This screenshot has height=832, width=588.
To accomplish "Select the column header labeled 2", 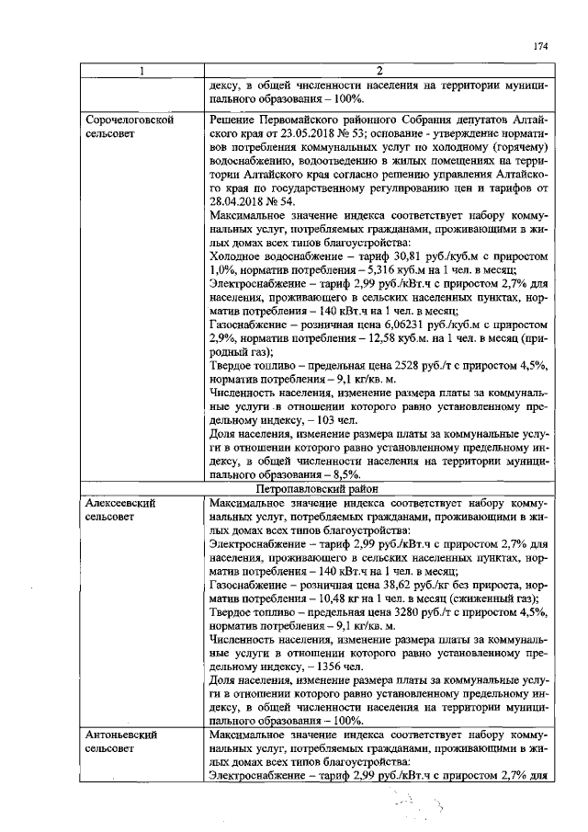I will click(x=379, y=71).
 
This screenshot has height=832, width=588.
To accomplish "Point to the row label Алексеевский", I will click(x=119, y=504).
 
